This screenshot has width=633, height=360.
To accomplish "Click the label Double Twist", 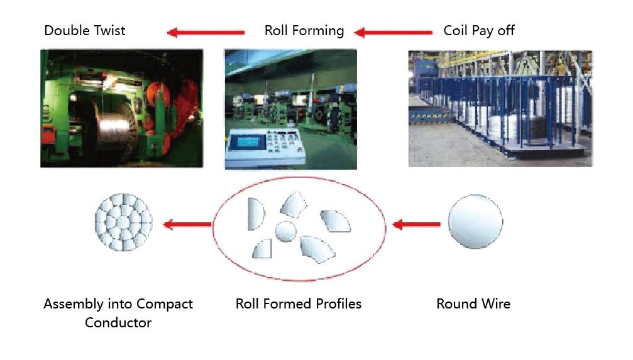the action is pyautogui.click(x=84, y=30).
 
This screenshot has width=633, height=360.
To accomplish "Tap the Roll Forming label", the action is pyautogui.click(x=304, y=31).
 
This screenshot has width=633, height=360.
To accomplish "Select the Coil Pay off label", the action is pyautogui.click(x=479, y=31).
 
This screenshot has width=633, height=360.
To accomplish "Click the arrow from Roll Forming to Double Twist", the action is pyautogui.click(x=206, y=32).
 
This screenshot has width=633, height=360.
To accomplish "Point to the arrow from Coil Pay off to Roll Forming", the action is pyautogui.click(x=393, y=32).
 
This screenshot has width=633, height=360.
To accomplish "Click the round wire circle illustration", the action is pyautogui.click(x=476, y=221).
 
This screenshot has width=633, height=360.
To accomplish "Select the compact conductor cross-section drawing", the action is pyautogui.click(x=124, y=222).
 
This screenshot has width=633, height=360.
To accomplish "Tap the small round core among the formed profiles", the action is pyautogui.click(x=286, y=231).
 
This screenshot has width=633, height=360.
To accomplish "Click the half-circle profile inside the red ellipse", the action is pyautogui.click(x=256, y=214).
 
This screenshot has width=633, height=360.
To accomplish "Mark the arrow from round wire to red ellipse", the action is pyautogui.click(x=416, y=224).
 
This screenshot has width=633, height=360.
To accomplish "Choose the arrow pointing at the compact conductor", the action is pyautogui.click(x=187, y=224).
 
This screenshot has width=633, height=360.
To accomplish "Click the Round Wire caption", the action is pyautogui.click(x=473, y=303).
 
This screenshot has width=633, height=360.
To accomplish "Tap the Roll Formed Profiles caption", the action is pyautogui.click(x=299, y=303).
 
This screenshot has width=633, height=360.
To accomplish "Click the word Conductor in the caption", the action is pyautogui.click(x=118, y=322).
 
